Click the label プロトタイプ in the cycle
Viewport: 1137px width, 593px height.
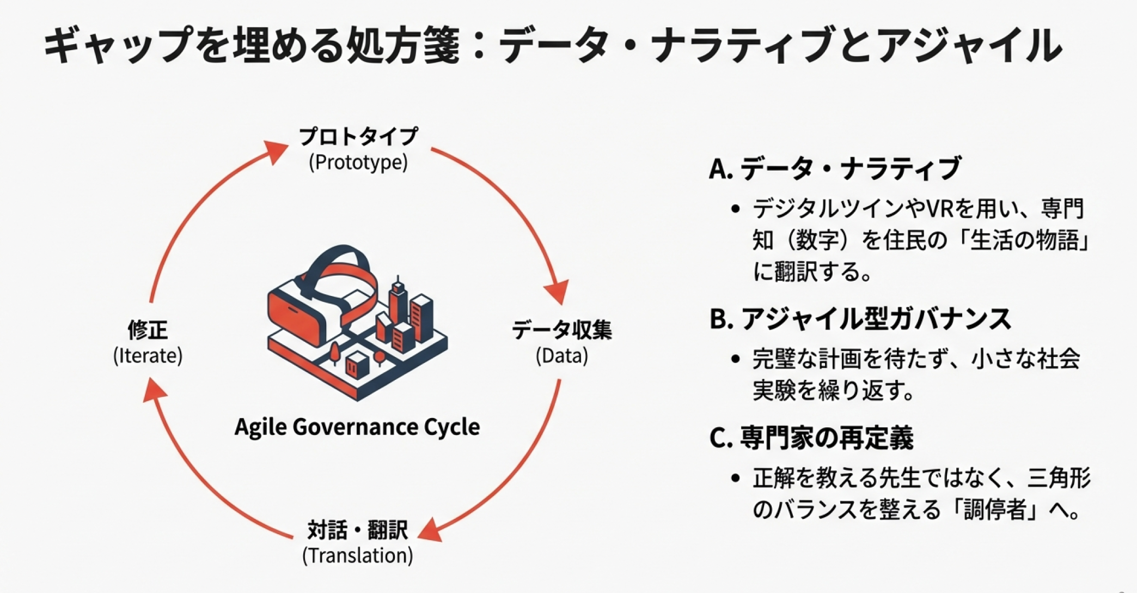coord(358,136)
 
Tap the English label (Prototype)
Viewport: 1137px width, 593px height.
coord(358,162)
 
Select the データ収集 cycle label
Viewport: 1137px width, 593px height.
coord(562,330)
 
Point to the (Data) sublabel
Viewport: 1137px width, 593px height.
coord(562,356)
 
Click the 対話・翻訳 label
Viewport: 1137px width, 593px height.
coord(358,530)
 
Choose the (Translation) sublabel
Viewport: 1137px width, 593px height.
coord(358,556)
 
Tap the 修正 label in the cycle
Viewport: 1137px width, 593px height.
coord(148,330)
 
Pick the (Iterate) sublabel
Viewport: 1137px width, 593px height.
coord(148,356)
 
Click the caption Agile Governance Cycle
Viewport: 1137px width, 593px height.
coord(357,427)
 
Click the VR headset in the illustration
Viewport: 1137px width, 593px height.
coord(321,294)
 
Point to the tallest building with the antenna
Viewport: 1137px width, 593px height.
coord(398,302)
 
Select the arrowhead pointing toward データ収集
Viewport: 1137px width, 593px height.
coord(558,292)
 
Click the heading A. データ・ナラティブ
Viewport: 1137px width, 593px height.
coord(835,168)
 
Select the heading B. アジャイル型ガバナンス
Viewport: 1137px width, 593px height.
coord(860,319)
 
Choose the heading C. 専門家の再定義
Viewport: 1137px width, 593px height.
coord(811,438)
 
